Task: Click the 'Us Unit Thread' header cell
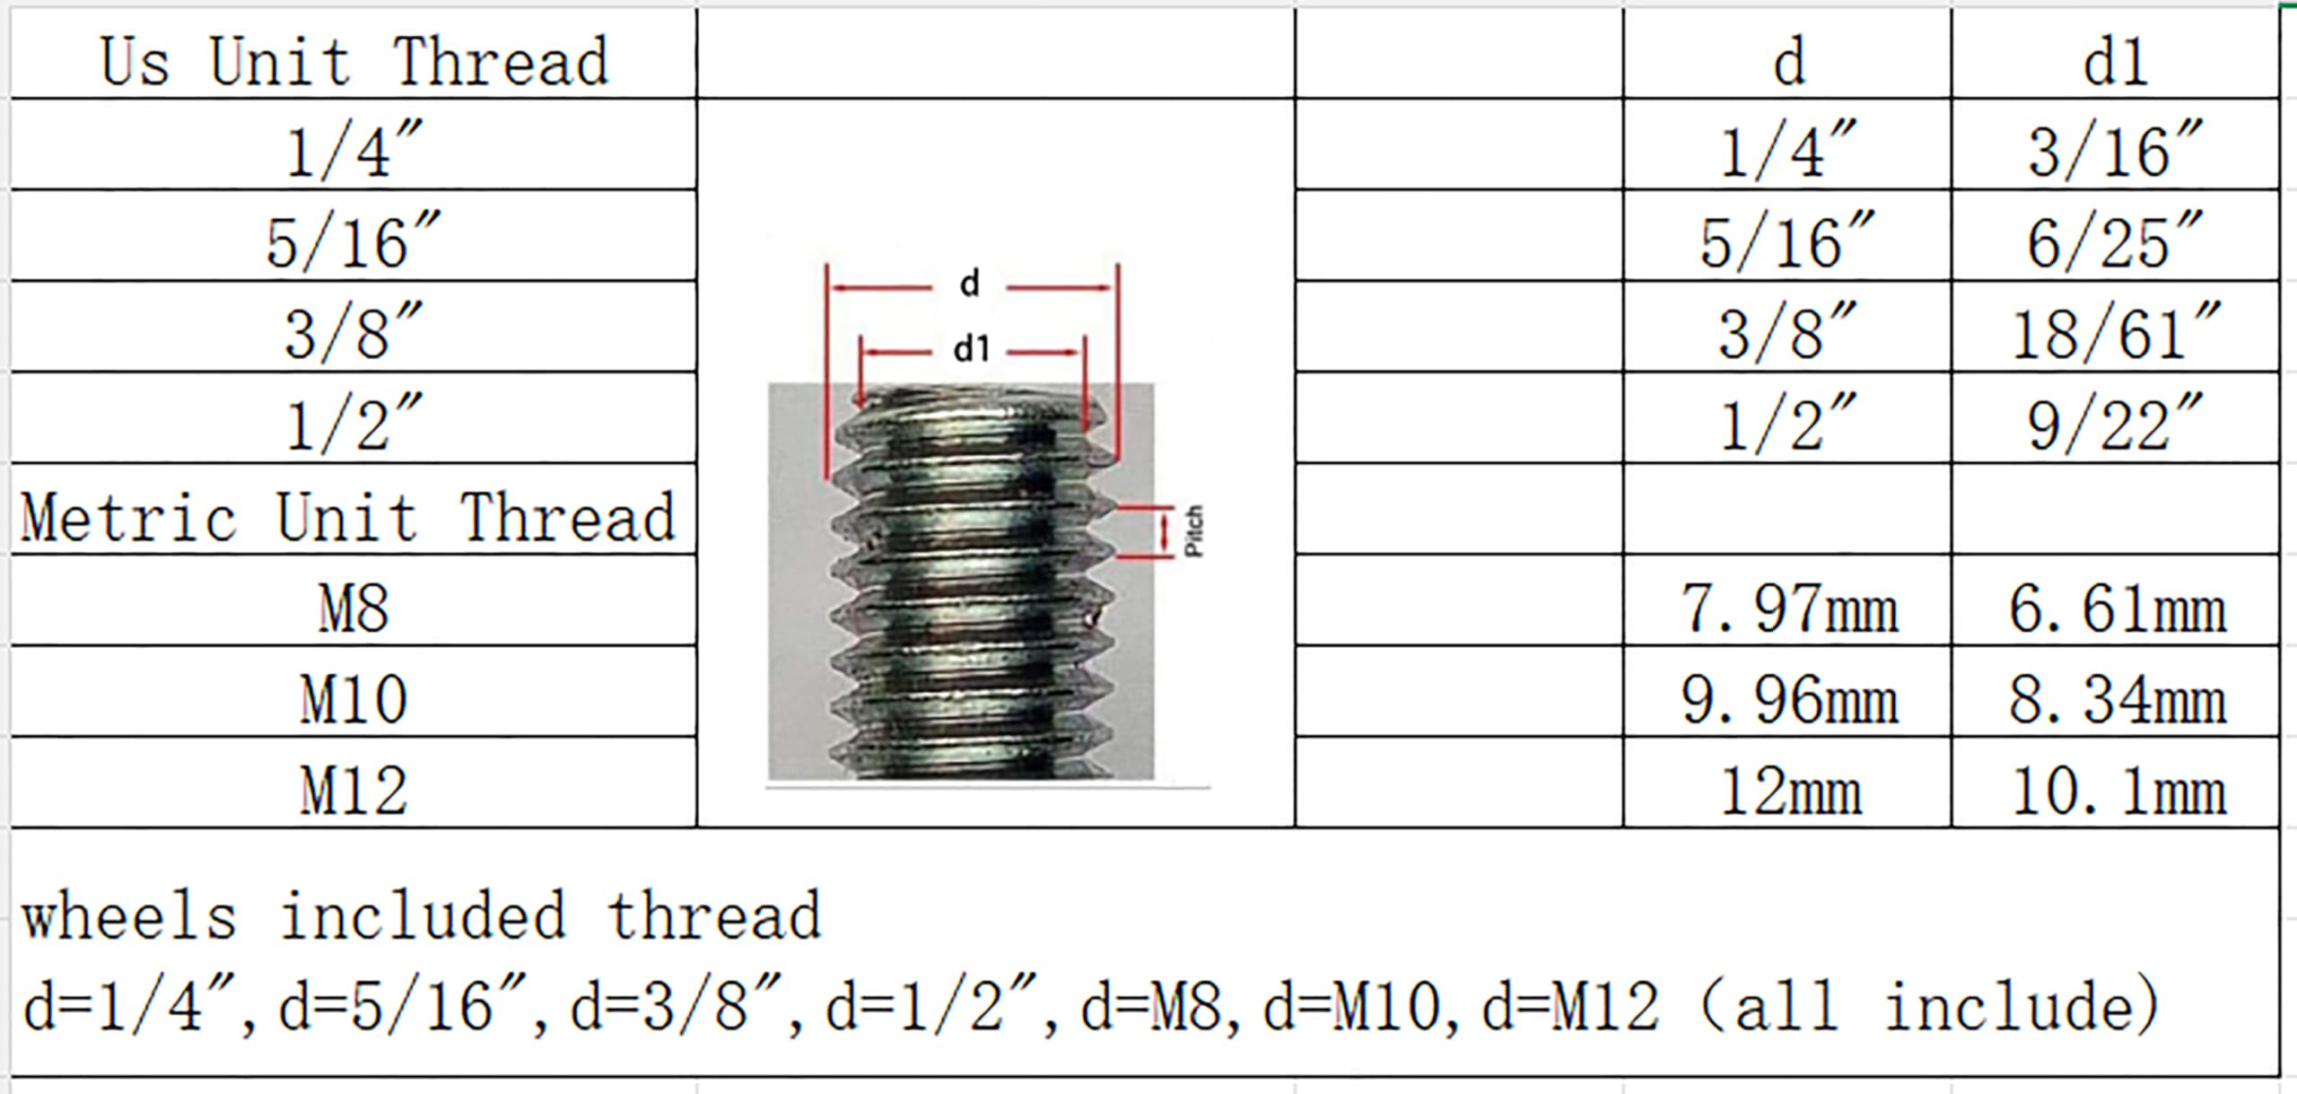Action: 354,62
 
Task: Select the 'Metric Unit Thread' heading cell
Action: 348,518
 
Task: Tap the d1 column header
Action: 2115,62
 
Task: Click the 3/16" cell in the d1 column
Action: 2115,149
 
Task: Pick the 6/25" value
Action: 2115,241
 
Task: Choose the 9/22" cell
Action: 2115,423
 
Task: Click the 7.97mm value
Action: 1789,608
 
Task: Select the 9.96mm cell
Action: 1789,699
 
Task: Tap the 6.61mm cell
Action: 2118,608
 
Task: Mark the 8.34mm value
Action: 2118,699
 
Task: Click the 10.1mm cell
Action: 2118,791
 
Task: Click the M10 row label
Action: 354,699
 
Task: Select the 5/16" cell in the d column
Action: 1787,241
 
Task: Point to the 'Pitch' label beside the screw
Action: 1193,531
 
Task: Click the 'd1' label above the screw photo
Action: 971,349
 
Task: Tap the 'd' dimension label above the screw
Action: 969,284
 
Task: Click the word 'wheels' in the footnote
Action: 129,916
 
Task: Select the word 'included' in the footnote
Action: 423,916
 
